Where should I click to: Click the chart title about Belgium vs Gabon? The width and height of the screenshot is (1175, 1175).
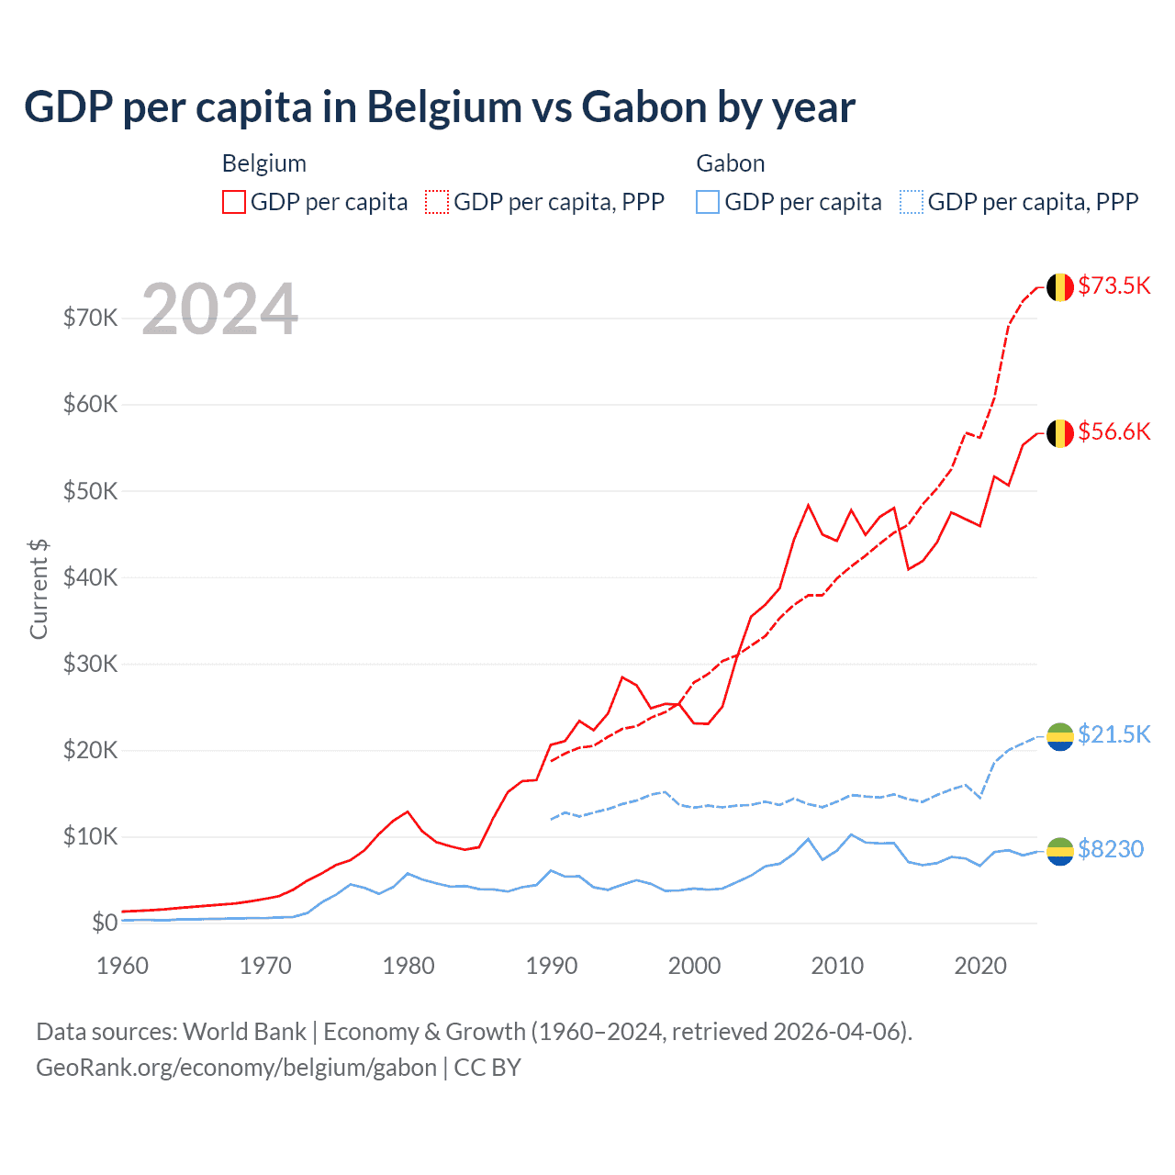(x=440, y=107)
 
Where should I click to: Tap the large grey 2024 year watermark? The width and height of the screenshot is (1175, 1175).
(x=220, y=309)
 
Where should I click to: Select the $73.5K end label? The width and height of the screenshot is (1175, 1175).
(x=1113, y=285)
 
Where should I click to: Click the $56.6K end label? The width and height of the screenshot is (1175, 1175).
(x=1113, y=431)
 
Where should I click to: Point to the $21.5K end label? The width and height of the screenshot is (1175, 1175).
(x=1113, y=734)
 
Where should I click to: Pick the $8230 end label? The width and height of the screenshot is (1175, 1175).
(x=1111, y=849)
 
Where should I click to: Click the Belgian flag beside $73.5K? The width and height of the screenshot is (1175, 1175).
(x=1060, y=287)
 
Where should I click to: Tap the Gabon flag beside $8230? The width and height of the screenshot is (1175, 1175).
(x=1060, y=851)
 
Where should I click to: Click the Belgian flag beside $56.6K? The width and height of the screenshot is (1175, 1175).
(x=1060, y=433)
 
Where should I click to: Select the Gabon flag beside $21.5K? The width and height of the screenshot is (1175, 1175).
(x=1060, y=736)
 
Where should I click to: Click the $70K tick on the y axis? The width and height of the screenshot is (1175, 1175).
(x=90, y=318)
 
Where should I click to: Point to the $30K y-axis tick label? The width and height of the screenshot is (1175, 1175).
(x=90, y=664)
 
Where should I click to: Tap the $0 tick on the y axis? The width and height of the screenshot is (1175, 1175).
(x=105, y=923)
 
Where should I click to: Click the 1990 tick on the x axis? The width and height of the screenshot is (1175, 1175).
(x=552, y=966)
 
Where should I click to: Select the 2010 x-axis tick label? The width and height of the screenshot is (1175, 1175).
(x=837, y=966)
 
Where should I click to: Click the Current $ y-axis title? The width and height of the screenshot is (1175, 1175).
(x=39, y=588)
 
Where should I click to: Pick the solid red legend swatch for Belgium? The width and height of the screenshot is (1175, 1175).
(x=234, y=202)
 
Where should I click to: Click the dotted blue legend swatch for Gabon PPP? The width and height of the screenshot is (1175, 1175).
(x=912, y=202)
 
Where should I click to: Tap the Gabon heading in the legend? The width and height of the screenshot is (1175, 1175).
(x=731, y=163)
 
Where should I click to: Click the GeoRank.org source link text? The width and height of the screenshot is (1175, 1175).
(x=236, y=1068)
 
